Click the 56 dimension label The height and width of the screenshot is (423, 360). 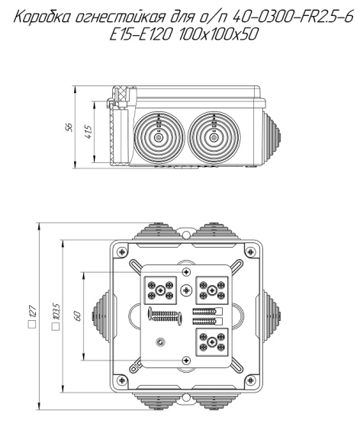coord(69,127)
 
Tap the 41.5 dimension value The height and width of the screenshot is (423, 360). coord(88,132)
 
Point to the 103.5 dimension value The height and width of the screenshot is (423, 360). coord(56,312)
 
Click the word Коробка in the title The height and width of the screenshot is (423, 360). coord(43,18)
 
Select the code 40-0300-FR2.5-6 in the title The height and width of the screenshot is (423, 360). coord(292,18)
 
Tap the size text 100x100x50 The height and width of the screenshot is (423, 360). coord(218,34)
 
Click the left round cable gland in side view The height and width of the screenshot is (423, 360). coord(159,138)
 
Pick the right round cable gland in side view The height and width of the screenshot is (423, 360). coord(214,138)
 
